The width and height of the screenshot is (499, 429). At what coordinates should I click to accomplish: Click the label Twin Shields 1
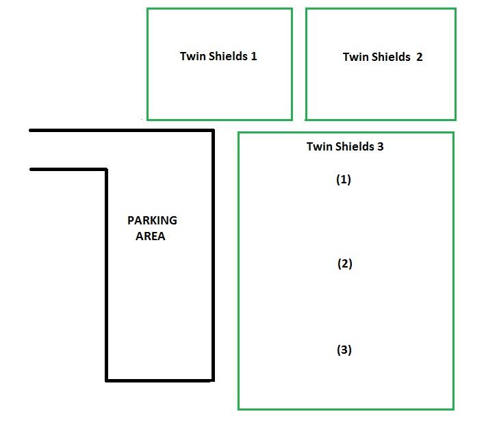click(218, 56)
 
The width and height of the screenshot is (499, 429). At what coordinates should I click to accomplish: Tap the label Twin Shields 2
click(383, 57)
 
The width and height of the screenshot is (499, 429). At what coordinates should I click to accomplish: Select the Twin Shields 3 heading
click(345, 146)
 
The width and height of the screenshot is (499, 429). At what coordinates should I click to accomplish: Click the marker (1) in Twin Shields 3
click(344, 180)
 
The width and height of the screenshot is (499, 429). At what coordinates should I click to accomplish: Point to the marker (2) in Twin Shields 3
click(345, 263)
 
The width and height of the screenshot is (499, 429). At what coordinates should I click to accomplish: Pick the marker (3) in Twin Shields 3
click(344, 350)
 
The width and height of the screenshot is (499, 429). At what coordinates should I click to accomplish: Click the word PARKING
click(152, 220)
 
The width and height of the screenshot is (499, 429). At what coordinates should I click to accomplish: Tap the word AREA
click(150, 236)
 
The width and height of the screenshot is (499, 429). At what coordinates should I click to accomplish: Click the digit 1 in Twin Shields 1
click(254, 56)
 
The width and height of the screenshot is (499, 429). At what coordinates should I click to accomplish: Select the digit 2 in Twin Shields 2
click(420, 57)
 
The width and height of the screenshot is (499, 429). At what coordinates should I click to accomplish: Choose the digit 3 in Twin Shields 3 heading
click(381, 146)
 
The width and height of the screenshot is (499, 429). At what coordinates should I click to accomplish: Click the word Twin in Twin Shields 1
click(193, 56)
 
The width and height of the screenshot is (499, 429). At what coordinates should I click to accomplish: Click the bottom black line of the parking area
click(159, 380)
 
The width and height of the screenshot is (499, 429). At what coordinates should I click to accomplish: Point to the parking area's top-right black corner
click(213, 131)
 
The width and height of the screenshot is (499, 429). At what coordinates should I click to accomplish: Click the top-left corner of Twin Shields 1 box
click(148, 9)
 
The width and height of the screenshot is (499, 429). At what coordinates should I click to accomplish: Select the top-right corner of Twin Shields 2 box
click(455, 9)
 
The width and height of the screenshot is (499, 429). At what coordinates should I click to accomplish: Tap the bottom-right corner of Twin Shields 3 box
click(453, 409)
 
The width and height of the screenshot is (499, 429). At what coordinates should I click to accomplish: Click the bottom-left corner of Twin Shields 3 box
click(239, 409)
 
